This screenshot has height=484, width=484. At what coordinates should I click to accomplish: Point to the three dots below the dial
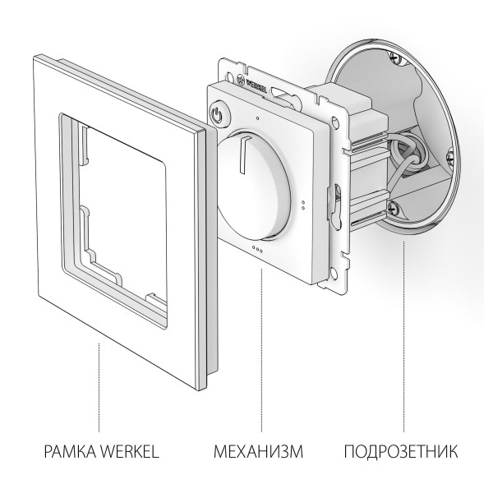(256, 248)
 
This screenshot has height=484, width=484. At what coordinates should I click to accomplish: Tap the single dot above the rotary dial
(258, 118)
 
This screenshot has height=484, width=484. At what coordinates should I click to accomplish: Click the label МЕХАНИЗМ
(258, 451)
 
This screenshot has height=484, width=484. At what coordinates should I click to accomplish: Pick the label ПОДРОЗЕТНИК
(400, 451)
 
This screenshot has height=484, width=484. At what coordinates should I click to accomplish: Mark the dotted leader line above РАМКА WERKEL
(99, 386)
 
